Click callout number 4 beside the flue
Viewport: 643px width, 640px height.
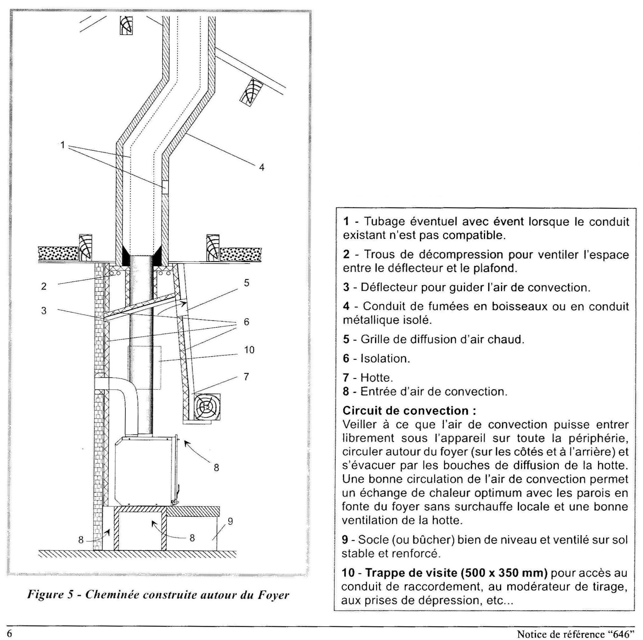pyautogui.click(x=262, y=168)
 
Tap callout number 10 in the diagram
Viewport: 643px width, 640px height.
pyautogui.click(x=249, y=350)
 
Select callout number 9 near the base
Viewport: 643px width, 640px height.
pyautogui.click(x=230, y=522)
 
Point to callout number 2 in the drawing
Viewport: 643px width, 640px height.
pyautogui.click(x=44, y=286)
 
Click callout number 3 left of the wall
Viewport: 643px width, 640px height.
pyautogui.click(x=44, y=311)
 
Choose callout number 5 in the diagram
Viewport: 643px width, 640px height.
pyautogui.click(x=247, y=283)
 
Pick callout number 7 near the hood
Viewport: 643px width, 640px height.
pyautogui.click(x=246, y=377)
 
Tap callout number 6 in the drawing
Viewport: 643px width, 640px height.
pyautogui.click(x=247, y=322)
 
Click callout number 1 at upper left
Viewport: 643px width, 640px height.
pyautogui.click(x=63, y=145)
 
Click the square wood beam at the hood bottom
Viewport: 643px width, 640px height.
pyautogui.click(x=207, y=407)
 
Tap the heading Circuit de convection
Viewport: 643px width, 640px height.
pyautogui.click(x=409, y=411)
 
